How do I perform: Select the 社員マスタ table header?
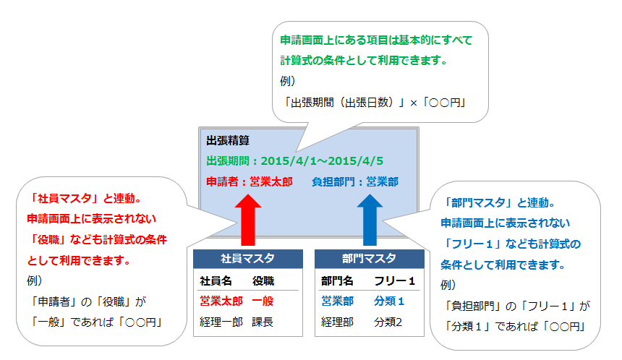[x=247, y=259]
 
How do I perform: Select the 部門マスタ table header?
[x=369, y=259]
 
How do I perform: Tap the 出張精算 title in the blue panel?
[x=229, y=140]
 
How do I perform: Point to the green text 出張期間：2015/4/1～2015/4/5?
[x=294, y=160]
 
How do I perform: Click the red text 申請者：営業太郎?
[x=249, y=182]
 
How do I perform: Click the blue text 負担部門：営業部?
[x=355, y=182]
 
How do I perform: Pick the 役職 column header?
[x=263, y=281]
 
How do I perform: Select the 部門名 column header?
[x=338, y=281]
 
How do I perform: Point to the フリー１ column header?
[x=394, y=281]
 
